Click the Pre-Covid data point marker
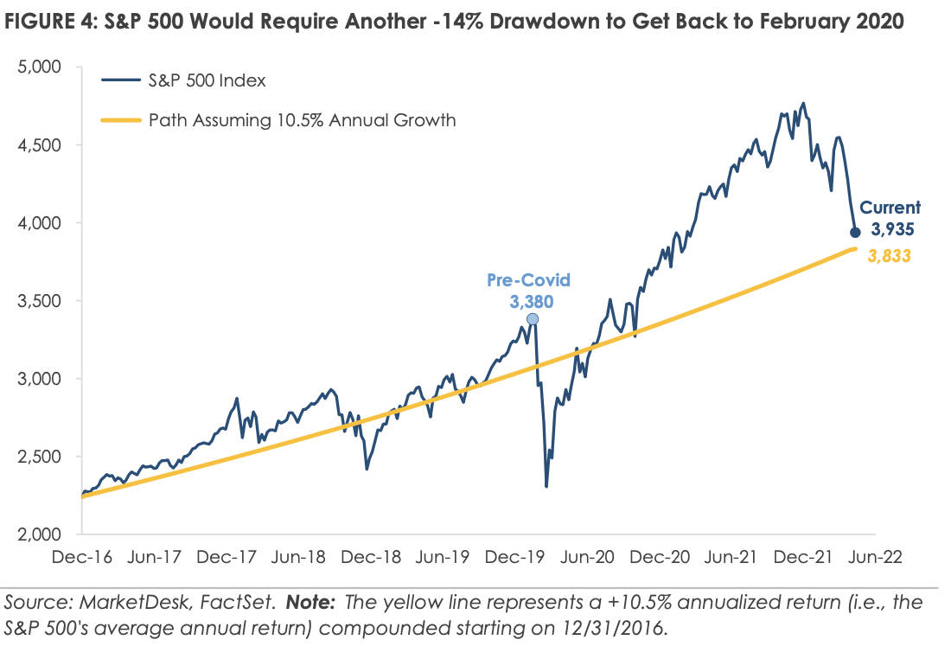point(533,319)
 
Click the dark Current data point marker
point(856,232)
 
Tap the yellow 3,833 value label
point(890,256)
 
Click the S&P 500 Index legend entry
point(207,81)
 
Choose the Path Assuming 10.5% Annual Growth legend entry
point(301,120)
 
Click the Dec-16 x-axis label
point(83,558)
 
